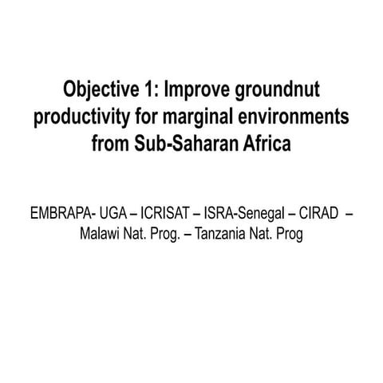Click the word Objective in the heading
tap(99, 89)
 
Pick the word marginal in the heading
tap(207, 117)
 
